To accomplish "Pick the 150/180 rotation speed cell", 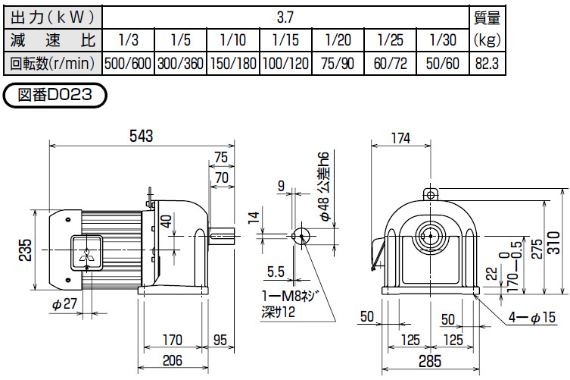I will tap(233, 64).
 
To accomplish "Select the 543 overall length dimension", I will tap(142, 136).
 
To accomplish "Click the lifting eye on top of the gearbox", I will tap(431, 193).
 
